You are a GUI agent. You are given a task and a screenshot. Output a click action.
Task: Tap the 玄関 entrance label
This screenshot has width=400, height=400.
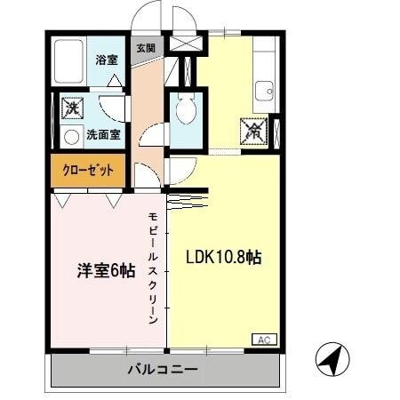146,48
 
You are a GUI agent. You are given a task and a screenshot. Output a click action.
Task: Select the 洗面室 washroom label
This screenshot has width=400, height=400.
103,135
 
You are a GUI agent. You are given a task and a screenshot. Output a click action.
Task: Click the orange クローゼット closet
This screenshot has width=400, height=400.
87,171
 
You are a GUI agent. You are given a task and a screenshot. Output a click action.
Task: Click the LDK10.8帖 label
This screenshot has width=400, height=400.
223,258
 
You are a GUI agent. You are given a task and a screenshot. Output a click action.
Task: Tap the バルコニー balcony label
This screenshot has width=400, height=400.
161,367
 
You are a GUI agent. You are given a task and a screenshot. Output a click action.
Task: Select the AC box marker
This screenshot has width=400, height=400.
264,339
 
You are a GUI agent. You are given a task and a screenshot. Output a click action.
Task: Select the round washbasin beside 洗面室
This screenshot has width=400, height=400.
71,136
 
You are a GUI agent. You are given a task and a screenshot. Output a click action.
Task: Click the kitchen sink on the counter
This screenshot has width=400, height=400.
264,90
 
